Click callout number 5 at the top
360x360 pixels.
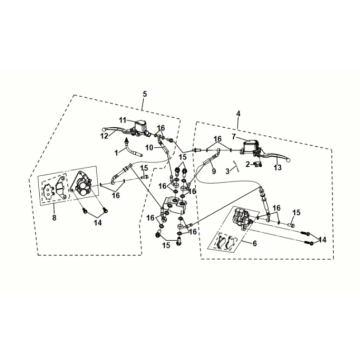[x=144, y=94]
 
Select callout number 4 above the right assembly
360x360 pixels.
[x=238, y=114]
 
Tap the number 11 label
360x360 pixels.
[x=123, y=120]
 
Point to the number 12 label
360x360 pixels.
[x=105, y=136]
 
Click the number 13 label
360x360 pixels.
[x=278, y=168]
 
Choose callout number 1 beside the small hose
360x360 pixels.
[x=116, y=153]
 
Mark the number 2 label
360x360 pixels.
[x=248, y=164]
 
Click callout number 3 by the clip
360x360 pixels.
[x=228, y=171]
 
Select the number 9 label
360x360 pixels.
[x=213, y=171]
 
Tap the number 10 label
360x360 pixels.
[x=149, y=147]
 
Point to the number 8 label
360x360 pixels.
[x=54, y=218]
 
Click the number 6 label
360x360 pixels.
[x=255, y=244]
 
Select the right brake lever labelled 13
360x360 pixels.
[x=275, y=156]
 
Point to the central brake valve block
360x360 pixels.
[x=175, y=206]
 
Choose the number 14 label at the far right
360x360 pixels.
[x=322, y=240]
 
